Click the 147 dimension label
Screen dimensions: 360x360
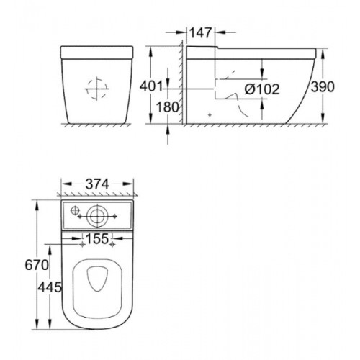[x=201, y=32]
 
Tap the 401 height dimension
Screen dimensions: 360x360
[x=151, y=86]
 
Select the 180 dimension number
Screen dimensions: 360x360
[x=167, y=107]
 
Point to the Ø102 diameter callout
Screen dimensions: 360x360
[x=262, y=89]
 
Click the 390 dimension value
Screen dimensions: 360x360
[x=323, y=86]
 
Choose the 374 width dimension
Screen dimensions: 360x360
[x=97, y=184]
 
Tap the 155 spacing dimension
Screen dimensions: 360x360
[x=97, y=239]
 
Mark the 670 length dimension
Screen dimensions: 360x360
[x=37, y=265]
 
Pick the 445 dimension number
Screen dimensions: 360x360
[x=50, y=287]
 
